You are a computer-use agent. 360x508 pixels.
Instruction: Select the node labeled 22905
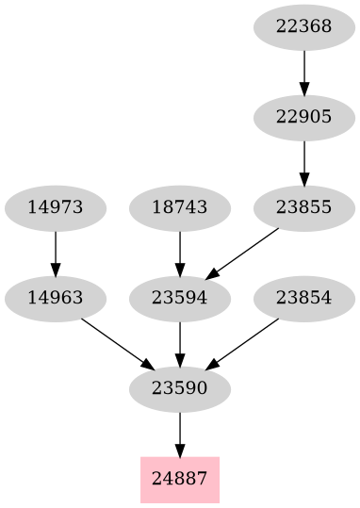pyautogui.click(x=303, y=117)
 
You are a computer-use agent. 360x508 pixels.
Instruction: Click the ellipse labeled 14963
pyautogui.click(x=55, y=298)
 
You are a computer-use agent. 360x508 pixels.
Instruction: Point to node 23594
pyautogui.click(x=179, y=298)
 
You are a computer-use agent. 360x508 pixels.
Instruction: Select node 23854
pyautogui.click(x=303, y=298)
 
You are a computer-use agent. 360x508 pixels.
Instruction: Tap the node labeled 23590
pyautogui.click(x=179, y=388)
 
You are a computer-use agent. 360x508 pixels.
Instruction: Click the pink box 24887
pyautogui.click(x=179, y=479)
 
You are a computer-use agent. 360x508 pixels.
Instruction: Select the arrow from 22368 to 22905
pyautogui.click(x=303, y=71)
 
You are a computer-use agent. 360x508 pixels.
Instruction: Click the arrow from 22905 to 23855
pyautogui.click(x=303, y=161)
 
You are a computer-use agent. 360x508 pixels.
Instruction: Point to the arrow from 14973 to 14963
pyautogui.click(x=55, y=252)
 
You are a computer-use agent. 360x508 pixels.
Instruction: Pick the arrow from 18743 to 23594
pyautogui.click(x=179, y=252)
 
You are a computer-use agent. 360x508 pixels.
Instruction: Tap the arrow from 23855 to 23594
pyautogui.click(x=242, y=252)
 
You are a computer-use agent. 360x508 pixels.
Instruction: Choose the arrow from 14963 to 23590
pyautogui.click(x=117, y=343)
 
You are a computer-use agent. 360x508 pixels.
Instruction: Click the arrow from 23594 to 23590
pyautogui.click(x=179, y=342)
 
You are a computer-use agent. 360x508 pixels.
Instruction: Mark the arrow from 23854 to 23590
pyautogui.click(x=242, y=343)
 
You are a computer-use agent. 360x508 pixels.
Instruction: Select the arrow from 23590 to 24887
pyautogui.click(x=179, y=433)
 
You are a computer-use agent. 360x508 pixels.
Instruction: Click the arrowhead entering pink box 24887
pyautogui.click(x=179, y=449)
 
